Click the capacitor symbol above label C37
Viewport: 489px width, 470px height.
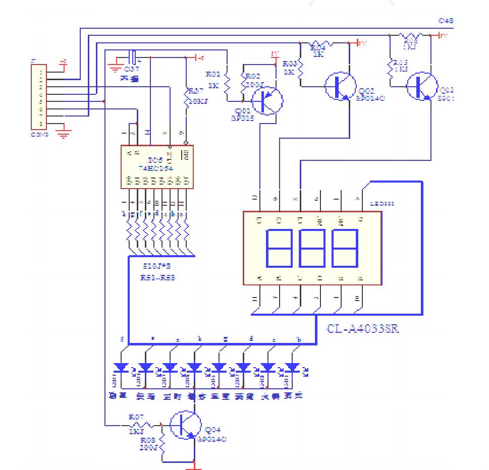coord(133,56)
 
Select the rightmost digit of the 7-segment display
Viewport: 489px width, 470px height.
coord(345,248)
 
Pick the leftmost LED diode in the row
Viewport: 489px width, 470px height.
coord(122,367)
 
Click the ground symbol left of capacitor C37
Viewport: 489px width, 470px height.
coord(116,69)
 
